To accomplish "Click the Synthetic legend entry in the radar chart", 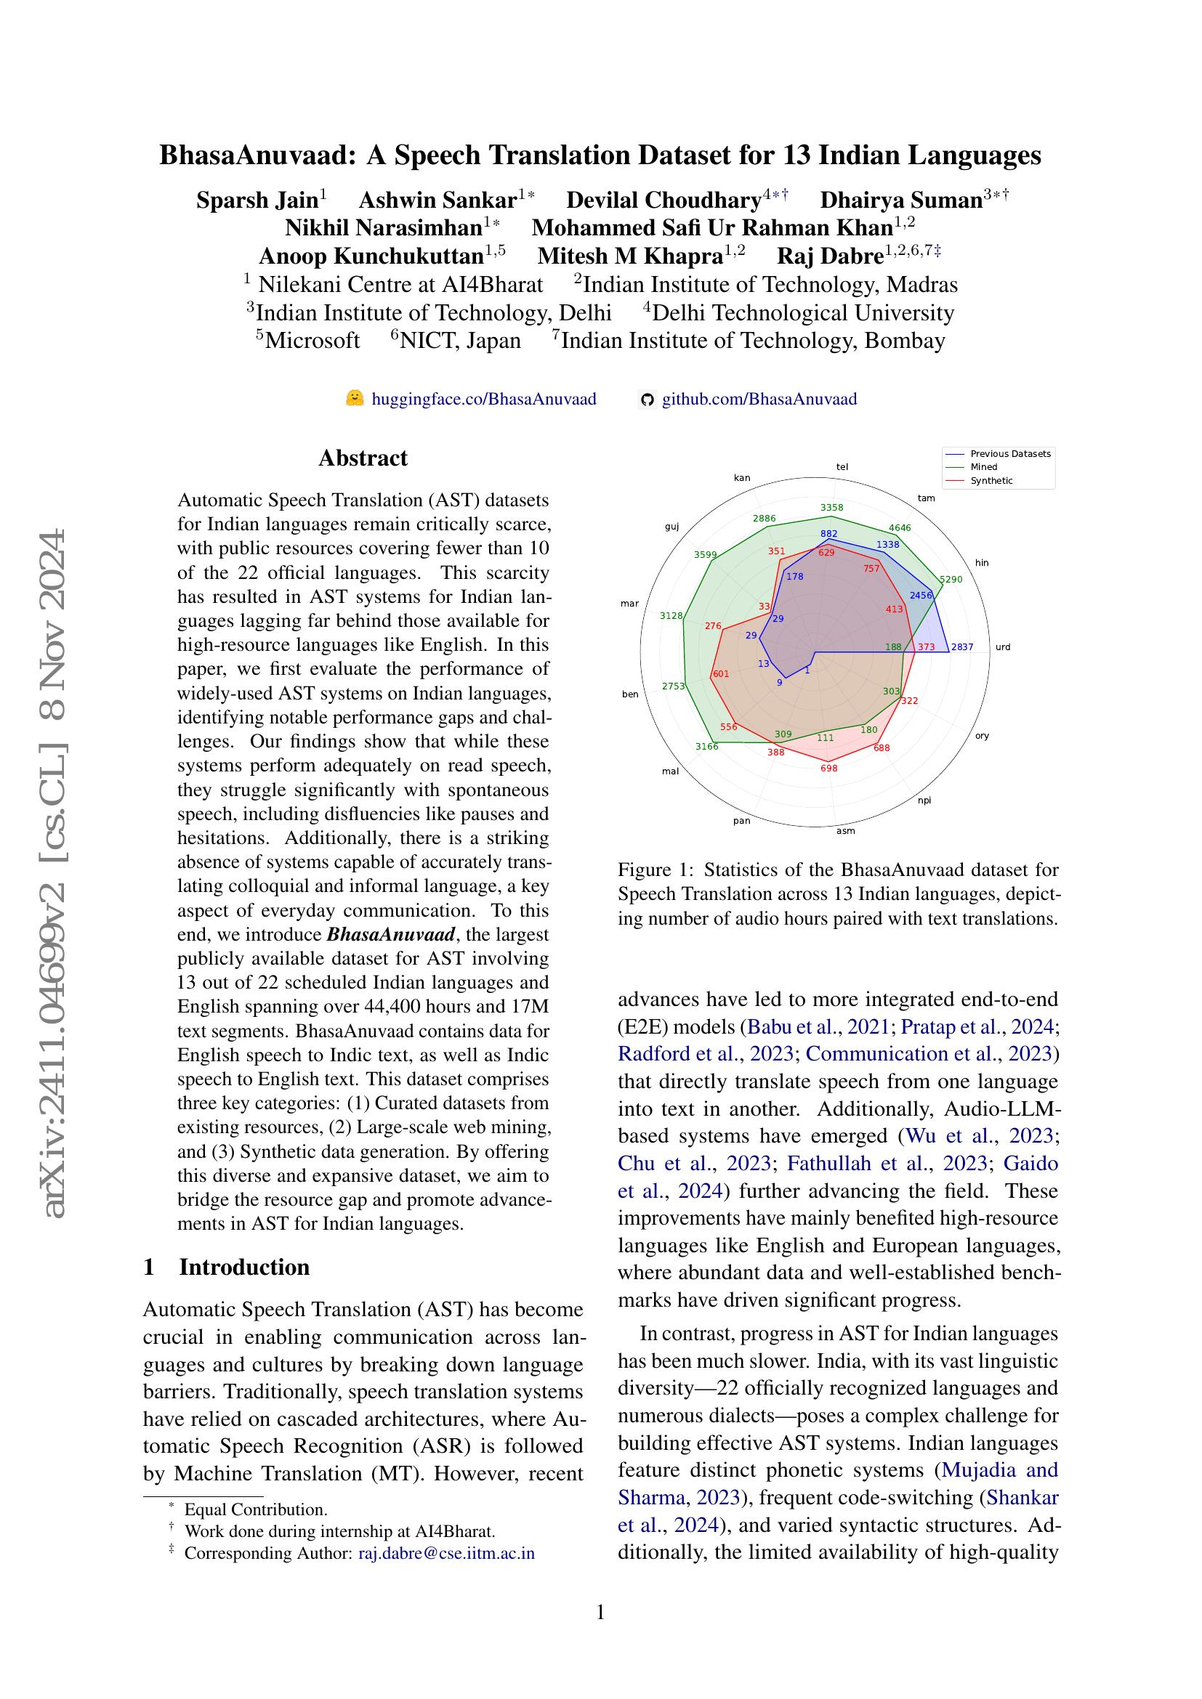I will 991,480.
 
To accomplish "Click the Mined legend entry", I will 984,467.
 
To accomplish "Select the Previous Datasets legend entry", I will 1009,453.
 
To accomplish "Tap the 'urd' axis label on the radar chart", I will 1003,646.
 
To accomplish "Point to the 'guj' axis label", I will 671,527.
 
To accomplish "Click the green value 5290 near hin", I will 951,580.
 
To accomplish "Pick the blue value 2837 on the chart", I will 961,646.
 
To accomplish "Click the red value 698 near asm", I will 829,768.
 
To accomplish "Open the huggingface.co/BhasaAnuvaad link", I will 483,400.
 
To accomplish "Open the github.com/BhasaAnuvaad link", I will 759,400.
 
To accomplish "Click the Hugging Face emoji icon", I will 355,399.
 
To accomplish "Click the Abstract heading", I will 363,458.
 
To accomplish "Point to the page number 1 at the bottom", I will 600,1612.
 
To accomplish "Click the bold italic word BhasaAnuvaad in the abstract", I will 391,934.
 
